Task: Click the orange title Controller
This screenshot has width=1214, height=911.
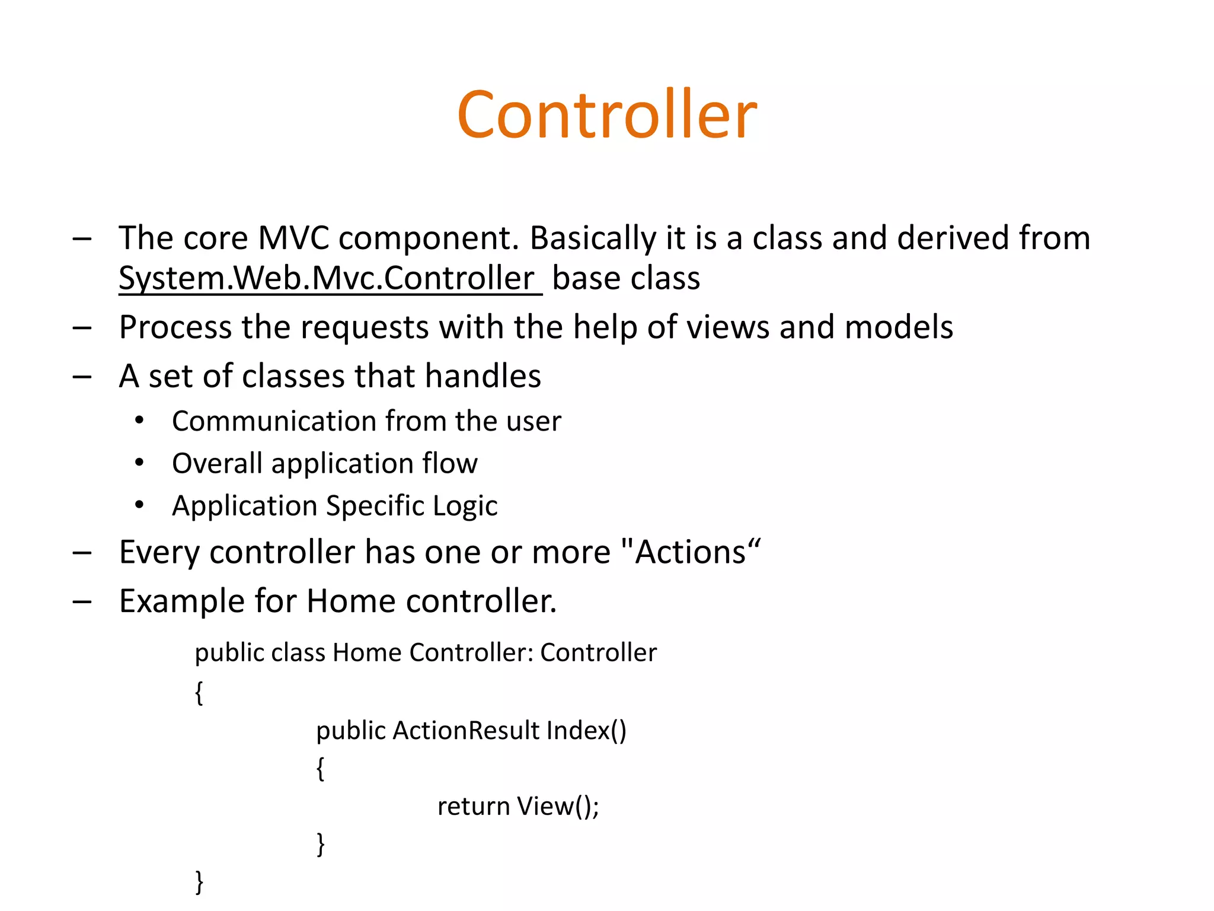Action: click(606, 114)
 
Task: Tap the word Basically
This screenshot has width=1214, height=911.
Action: click(592, 239)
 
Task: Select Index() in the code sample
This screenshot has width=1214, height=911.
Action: click(586, 731)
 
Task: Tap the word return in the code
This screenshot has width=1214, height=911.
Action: click(473, 807)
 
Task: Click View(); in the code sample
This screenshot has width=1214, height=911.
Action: click(558, 807)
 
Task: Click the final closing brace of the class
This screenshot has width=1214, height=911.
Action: click(199, 882)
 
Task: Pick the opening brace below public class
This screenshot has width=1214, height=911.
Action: click(199, 692)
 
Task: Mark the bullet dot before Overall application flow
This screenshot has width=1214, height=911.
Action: click(139, 463)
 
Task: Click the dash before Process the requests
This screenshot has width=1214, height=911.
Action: click(82, 327)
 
